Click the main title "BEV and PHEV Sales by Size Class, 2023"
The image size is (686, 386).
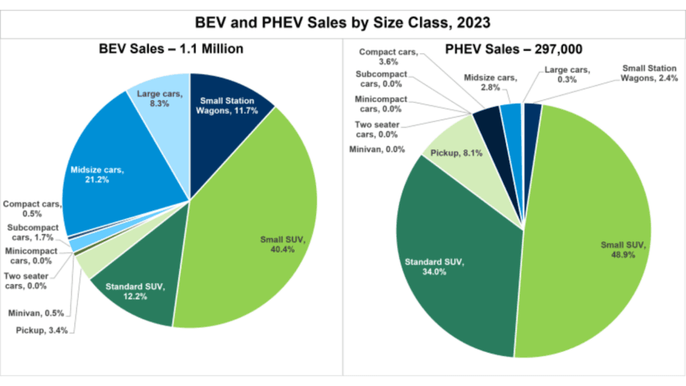(x=342, y=22)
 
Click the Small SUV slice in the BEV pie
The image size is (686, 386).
(x=261, y=221)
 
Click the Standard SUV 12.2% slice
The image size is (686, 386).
(x=137, y=288)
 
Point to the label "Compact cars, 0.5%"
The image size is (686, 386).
(x=31, y=208)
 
